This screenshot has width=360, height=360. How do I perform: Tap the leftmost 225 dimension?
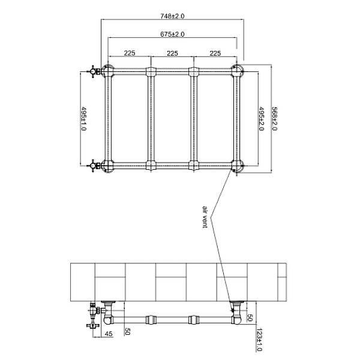[x=129, y=53]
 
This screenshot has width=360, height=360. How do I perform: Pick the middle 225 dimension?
[x=172, y=53]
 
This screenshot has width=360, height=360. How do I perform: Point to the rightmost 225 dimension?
[x=215, y=53]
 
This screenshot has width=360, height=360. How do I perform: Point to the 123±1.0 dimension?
[x=259, y=340]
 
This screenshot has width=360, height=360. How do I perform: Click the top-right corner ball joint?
[x=238, y=71]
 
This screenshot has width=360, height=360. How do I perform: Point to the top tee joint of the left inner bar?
[x=151, y=72]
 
